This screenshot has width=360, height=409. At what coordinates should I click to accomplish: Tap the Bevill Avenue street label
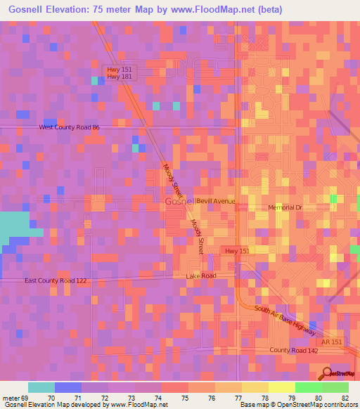[215, 201]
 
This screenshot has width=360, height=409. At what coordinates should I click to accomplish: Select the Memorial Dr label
[284, 208]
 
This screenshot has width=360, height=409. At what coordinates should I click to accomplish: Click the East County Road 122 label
[56, 280]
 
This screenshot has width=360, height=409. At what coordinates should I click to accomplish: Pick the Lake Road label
[200, 276]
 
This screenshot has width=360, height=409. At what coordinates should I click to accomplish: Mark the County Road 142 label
[289, 350]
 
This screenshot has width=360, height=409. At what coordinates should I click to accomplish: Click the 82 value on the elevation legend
[345, 398]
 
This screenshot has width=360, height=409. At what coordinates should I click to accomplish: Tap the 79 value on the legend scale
[292, 398]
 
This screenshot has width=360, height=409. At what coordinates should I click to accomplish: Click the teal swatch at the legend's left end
[41, 387]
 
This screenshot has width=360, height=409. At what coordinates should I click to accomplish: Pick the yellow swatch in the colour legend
[281, 387]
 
